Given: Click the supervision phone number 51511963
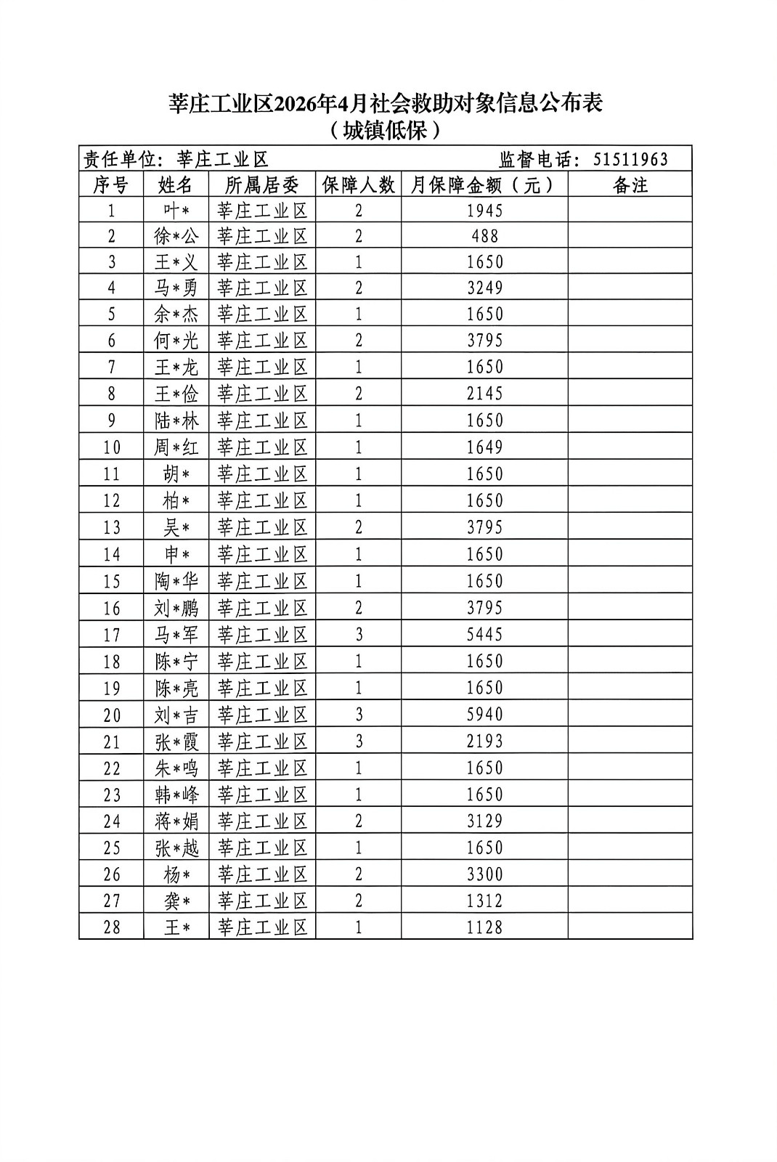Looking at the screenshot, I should pos(630,159).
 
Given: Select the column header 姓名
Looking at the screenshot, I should pos(176,184).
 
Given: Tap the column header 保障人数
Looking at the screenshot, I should pos(358,184).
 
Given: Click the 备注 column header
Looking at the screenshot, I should pos(630,184).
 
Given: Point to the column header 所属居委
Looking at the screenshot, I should pos(262,184).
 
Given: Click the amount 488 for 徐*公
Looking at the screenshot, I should pos(484,236).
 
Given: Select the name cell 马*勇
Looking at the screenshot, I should pos(176,288).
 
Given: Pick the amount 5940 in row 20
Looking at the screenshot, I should pos(484,715).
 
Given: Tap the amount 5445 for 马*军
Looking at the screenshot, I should pos(484,635).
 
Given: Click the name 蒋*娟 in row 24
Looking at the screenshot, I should pos(176,821).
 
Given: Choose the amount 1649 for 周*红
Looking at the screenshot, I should pos(484,447).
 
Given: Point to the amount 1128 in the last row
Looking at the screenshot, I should pos(484,927).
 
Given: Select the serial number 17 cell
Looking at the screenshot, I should pos(111,635).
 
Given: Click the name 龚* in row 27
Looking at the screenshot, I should pos(176,901).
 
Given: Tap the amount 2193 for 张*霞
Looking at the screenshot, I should pos(484,742).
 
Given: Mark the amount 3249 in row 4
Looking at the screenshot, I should pos(484,288).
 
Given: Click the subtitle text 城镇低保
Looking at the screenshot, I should pos(385,131).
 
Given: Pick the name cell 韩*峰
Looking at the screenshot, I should pos(176,795).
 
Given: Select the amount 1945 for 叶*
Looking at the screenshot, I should pos(484,211).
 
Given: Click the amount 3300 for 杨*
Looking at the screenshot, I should pos(484,874).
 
